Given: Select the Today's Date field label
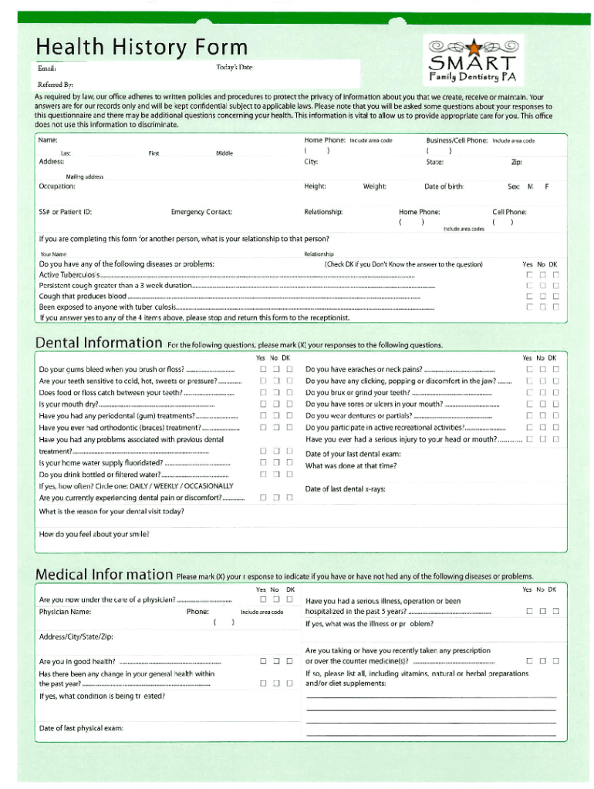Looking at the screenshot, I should click(x=234, y=68).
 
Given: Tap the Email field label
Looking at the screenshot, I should click(x=48, y=69).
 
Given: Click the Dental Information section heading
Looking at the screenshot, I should click(x=99, y=342).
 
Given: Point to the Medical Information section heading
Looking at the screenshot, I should click(x=104, y=574).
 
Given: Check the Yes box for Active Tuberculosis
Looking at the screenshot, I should click(x=529, y=275).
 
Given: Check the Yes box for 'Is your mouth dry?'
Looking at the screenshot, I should click(x=263, y=404).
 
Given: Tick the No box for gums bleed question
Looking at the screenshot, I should click(x=276, y=369).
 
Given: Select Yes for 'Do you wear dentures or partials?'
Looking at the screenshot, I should click(x=529, y=416).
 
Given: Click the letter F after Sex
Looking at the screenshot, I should click(x=547, y=186).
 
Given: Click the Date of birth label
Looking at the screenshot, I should click(x=444, y=186).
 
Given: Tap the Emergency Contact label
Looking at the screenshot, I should click(x=201, y=212).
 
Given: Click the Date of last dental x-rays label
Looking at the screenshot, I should click(x=346, y=489).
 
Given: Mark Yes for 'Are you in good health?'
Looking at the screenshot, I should click(x=263, y=661).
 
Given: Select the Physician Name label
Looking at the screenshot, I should click(x=66, y=612).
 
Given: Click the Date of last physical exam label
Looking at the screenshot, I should click(x=81, y=728).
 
